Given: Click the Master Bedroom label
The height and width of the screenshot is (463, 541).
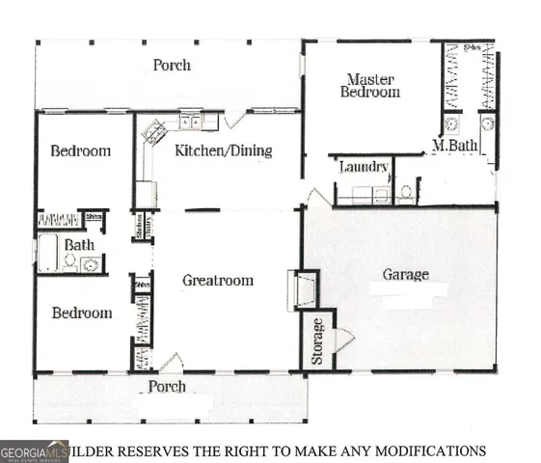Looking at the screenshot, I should click(x=372, y=85).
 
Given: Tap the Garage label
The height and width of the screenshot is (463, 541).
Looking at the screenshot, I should click(x=405, y=275).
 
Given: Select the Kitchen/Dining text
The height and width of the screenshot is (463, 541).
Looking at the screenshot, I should click(x=223, y=150).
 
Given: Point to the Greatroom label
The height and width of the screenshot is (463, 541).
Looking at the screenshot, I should click(x=218, y=281).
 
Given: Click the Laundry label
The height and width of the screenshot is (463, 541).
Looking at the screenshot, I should click(x=364, y=167).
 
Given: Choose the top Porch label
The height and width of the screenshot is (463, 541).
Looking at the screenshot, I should click(x=172, y=66).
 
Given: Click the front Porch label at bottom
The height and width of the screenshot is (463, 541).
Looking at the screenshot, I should click(x=166, y=387).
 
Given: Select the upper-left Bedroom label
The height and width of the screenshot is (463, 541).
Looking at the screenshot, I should click(x=80, y=150).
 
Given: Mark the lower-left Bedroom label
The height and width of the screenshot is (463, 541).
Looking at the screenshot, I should click(x=81, y=313).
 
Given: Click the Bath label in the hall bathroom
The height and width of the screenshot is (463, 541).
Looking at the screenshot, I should click(x=79, y=245).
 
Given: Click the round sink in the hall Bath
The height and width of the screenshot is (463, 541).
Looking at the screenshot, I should click(x=89, y=263).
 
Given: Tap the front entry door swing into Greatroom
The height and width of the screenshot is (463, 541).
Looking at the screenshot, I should click(x=171, y=363).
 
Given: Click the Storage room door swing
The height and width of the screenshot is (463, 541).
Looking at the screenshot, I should click(x=344, y=339).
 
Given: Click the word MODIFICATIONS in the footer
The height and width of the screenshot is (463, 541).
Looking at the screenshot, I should click(x=426, y=450).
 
